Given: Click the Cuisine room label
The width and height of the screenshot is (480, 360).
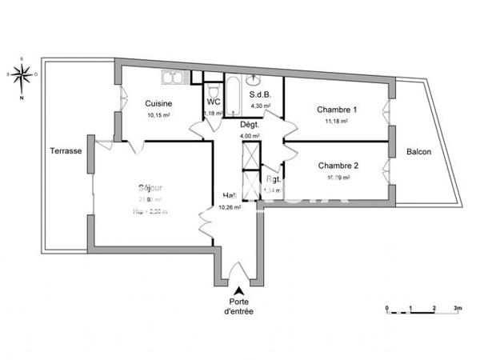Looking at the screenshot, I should (160, 102).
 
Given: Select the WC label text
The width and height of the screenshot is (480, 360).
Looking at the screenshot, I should (214, 102).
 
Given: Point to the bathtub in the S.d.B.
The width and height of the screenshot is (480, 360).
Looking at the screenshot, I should (234, 96).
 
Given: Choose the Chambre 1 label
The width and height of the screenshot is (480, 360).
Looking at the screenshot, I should (337, 110).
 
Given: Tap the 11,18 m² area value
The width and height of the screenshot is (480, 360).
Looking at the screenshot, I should (337, 121).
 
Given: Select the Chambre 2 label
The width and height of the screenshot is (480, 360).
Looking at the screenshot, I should (338, 166).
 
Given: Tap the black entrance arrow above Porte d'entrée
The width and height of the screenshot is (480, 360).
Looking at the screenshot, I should (238, 290).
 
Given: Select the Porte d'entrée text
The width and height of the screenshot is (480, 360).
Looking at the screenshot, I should (238, 306).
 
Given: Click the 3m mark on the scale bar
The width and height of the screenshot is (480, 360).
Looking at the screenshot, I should (457, 307).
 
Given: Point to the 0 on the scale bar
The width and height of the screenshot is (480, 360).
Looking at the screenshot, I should (386, 307).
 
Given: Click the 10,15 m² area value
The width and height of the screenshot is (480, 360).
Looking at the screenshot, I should (160, 114).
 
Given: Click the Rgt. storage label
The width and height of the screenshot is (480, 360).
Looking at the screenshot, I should (273, 180).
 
